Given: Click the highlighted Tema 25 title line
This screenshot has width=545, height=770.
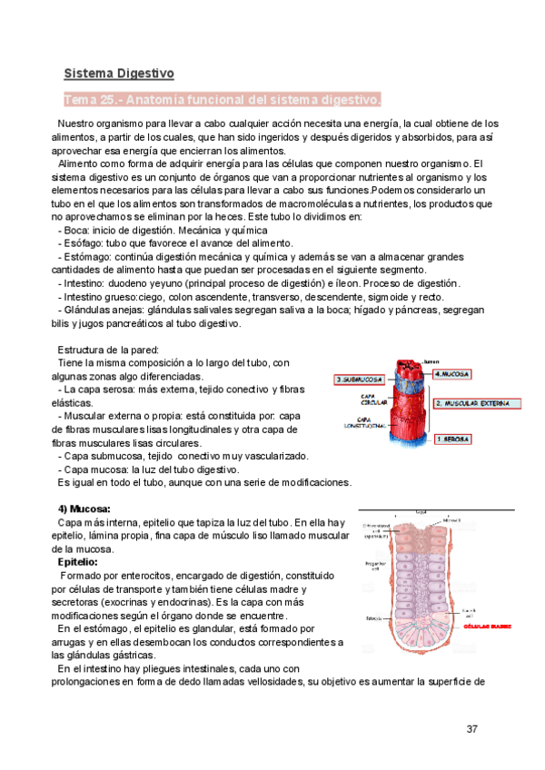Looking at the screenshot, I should pyautogui.click(x=223, y=98).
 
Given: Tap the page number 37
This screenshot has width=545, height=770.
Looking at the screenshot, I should pyautogui.click(x=471, y=729).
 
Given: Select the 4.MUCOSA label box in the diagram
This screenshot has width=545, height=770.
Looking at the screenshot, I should pyautogui.click(x=452, y=373).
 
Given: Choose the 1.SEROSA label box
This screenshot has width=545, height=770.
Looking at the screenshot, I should pyautogui.click(x=452, y=439).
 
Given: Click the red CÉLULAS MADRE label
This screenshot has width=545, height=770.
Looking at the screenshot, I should pyautogui.click(x=487, y=626).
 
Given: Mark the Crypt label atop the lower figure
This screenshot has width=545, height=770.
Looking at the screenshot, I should pyautogui.click(x=421, y=512).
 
